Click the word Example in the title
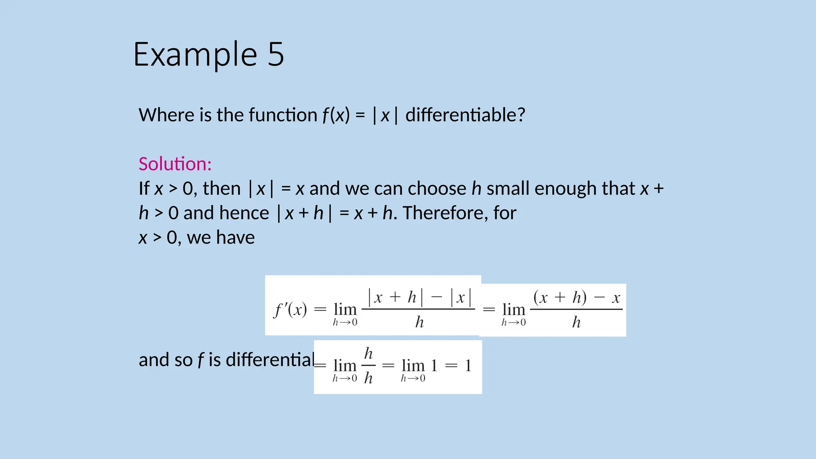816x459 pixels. point(195,55)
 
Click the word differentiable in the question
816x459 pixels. point(465,115)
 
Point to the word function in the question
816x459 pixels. point(282,115)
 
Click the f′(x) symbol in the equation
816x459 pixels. point(290,310)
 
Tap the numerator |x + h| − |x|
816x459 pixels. point(419,297)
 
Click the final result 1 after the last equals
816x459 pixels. point(468,366)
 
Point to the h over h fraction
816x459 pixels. point(369,366)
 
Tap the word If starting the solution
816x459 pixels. point(144,188)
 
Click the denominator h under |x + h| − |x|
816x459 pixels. point(419,322)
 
